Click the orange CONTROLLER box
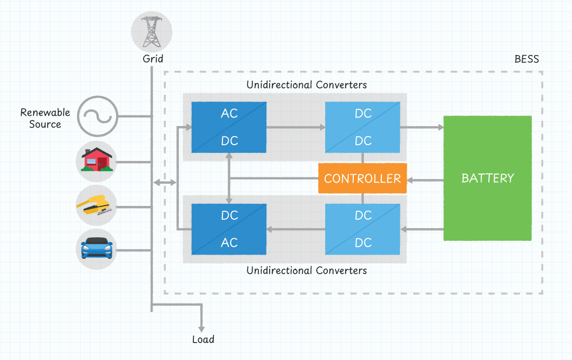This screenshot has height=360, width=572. point(362,178)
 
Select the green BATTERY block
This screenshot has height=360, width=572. point(487,178)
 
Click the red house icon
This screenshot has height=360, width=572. point(96,159)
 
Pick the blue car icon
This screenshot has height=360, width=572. point(96,248)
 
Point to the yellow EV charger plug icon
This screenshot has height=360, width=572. point(96,205)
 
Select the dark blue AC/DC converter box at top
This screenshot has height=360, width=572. point(229,127)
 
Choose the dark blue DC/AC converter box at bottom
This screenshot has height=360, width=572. point(229,229)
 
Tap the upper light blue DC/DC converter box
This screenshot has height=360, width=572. point(363,127)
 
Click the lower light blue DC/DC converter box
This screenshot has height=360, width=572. point(363,229)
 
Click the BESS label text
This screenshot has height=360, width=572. point(526,59)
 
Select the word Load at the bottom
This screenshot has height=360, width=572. point(203,339)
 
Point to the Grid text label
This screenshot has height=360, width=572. point(153,59)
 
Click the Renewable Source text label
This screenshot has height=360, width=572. point(45,119)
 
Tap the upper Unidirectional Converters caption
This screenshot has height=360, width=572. point(307,85)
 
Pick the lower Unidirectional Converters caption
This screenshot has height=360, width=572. point(307,271)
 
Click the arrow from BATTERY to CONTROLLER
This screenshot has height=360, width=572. point(425,181)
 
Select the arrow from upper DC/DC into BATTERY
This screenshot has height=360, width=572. point(422,127)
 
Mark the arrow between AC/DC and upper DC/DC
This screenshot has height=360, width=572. point(296,127)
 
